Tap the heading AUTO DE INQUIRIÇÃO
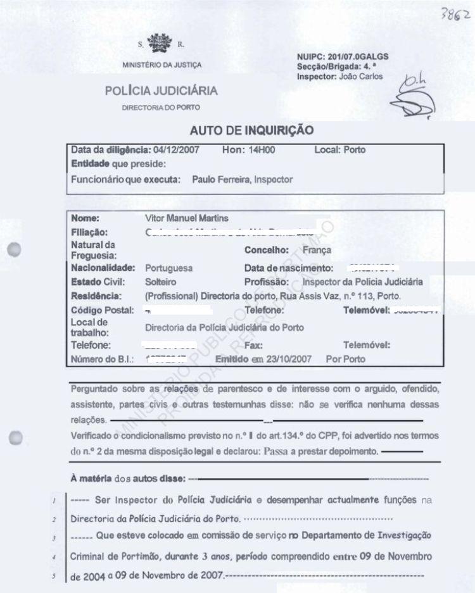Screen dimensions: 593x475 (x=251, y=130)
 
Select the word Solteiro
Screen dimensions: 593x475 (x=161, y=282)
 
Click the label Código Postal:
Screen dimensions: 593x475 (x=103, y=310)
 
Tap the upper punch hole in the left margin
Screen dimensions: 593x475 (x=16, y=250)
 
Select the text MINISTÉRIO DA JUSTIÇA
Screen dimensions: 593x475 (x=162, y=65)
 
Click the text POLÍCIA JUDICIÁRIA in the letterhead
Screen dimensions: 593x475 (x=161, y=91)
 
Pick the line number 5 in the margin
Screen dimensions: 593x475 (x=54, y=577)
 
